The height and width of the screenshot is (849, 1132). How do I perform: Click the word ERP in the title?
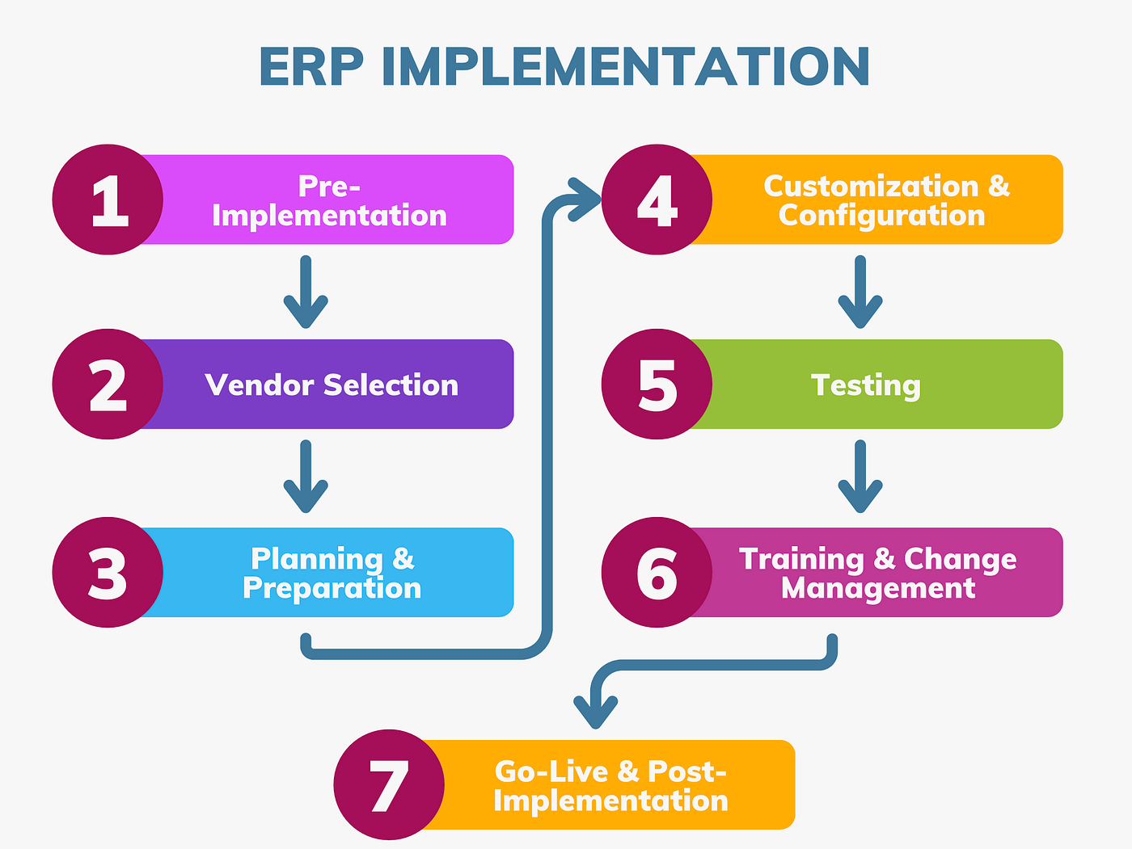[x=311, y=67]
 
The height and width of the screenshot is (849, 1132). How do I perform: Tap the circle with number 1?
[x=108, y=200]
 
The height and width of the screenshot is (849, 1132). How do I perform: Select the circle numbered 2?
[x=108, y=385]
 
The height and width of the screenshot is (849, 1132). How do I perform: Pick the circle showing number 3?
[x=108, y=573]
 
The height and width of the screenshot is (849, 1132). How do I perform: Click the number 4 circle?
[x=657, y=200]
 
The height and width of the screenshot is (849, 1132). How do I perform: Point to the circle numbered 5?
[x=657, y=385]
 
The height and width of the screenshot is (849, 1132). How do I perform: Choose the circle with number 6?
[x=657, y=573]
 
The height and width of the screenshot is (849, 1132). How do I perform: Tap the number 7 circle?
[x=389, y=785]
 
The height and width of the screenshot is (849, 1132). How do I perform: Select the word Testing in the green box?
[x=866, y=385]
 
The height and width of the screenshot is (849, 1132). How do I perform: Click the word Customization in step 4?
[x=871, y=186]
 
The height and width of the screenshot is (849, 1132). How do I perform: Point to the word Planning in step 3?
[x=316, y=558]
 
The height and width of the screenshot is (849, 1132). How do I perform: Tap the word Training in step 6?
[x=801, y=558]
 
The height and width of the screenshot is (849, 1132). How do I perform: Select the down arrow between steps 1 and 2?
[x=306, y=293]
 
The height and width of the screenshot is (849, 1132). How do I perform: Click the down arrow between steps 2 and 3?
[x=306, y=477]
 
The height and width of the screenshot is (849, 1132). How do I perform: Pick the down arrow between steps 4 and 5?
[x=860, y=293]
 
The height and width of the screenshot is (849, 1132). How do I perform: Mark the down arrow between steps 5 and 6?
[x=860, y=477]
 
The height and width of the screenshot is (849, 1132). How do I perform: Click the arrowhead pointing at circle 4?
[x=586, y=199]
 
